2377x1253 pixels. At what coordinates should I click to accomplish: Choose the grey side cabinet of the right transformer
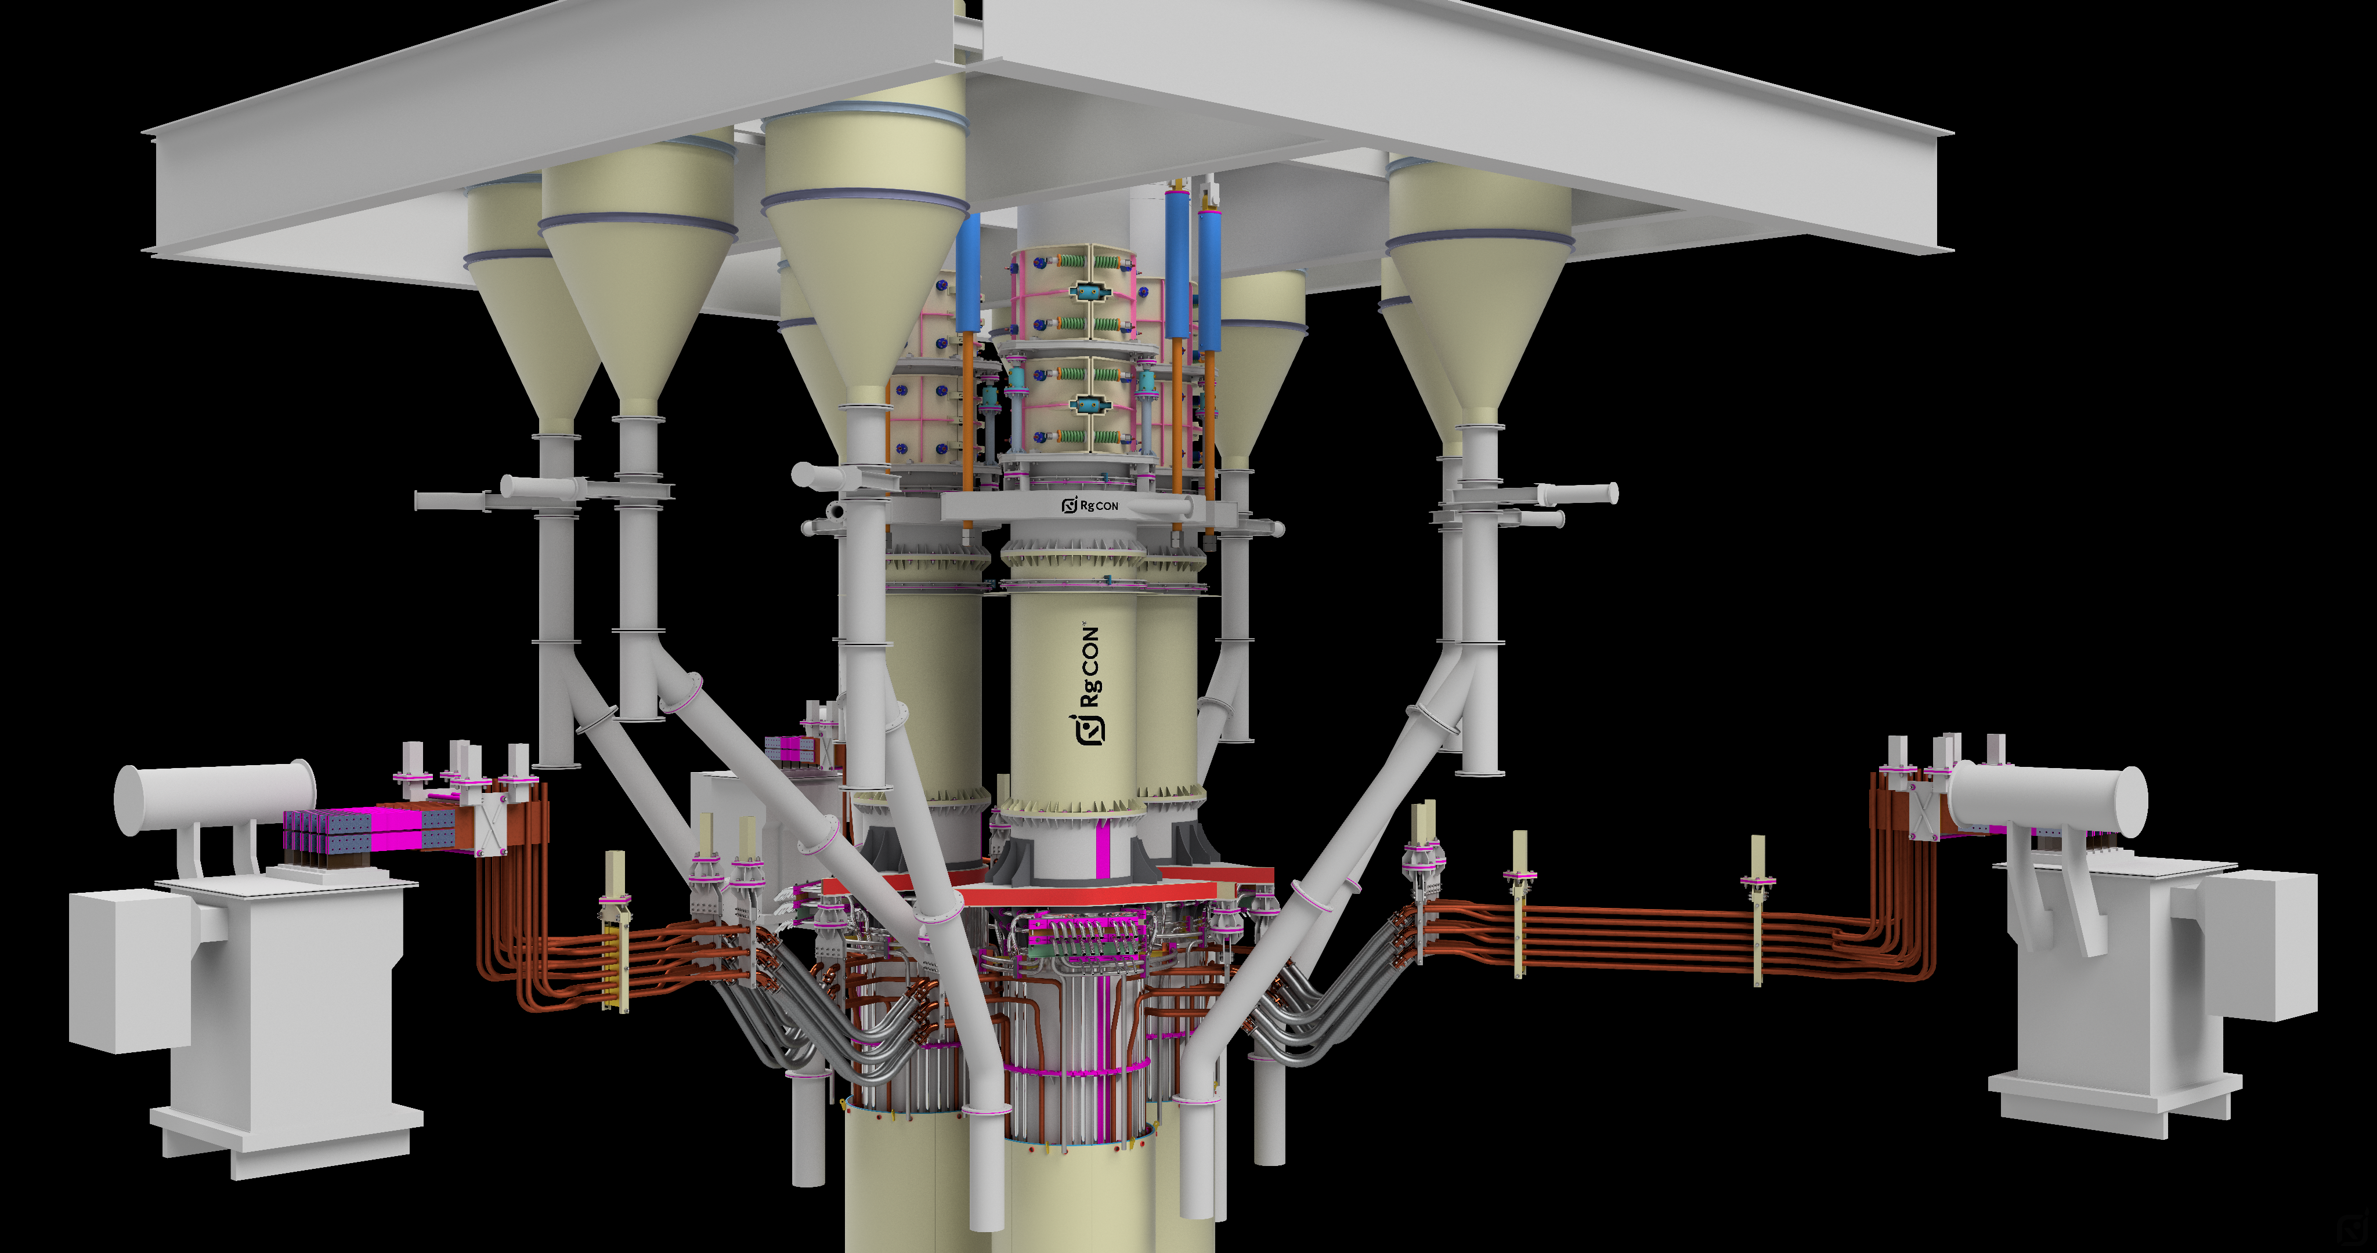[2259, 943]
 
